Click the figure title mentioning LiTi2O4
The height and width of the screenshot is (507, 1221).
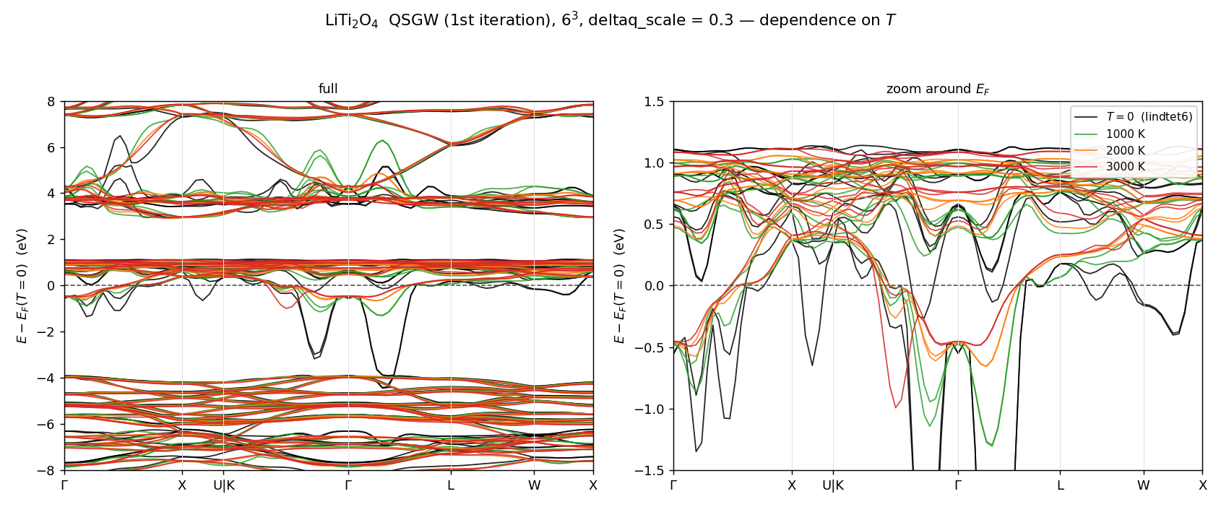point(610,20)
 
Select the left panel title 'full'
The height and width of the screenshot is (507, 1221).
point(328,88)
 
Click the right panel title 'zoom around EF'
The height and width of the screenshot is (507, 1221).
point(938,89)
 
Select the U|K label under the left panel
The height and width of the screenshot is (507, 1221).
point(224,485)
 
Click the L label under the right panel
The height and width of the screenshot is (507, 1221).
point(1060,485)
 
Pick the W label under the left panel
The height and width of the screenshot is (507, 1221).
point(534,485)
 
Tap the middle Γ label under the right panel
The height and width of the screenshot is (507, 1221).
point(958,485)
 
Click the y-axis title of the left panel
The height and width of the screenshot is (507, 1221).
point(22,286)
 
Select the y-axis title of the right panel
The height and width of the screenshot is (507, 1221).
point(618,286)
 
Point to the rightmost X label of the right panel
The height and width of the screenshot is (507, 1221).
point(1202,485)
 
